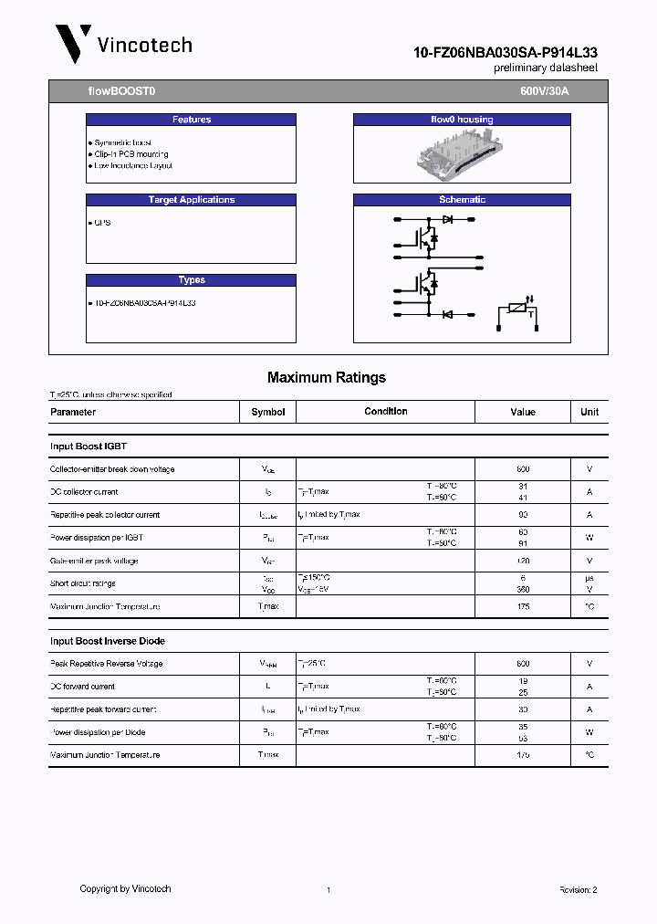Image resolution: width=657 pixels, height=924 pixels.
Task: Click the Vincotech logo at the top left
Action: click(123, 44)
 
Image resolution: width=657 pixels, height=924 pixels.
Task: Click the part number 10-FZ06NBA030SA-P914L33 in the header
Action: click(506, 53)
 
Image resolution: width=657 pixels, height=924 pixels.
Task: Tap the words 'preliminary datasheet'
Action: click(546, 69)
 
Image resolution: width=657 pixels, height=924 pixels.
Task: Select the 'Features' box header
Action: click(191, 120)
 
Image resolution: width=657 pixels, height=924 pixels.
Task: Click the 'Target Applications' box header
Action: click(191, 200)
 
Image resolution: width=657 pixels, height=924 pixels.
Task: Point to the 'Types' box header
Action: click(191, 280)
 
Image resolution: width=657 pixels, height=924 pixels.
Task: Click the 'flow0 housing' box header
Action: click(461, 120)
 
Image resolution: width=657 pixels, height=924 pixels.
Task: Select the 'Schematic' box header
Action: click(461, 200)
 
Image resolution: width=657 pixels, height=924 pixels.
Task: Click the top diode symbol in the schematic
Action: click(447, 219)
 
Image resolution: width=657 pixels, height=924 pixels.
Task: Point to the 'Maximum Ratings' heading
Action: click(327, 377)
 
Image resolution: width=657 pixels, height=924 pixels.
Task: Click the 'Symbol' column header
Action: click(268, 412)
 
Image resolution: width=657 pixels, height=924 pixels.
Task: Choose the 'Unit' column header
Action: click(589, 412)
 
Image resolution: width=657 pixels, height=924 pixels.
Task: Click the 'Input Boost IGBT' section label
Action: click(88, 446)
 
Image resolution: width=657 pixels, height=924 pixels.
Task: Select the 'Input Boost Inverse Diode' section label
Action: click(107, 641)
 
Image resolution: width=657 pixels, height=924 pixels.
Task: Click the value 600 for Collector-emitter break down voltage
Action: click(523, 469)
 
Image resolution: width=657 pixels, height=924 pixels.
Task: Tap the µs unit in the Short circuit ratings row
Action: click(589, 578)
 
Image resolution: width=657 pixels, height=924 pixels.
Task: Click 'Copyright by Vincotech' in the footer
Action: click(125, 888)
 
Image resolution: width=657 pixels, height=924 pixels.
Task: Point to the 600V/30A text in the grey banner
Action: click(544, 92)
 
